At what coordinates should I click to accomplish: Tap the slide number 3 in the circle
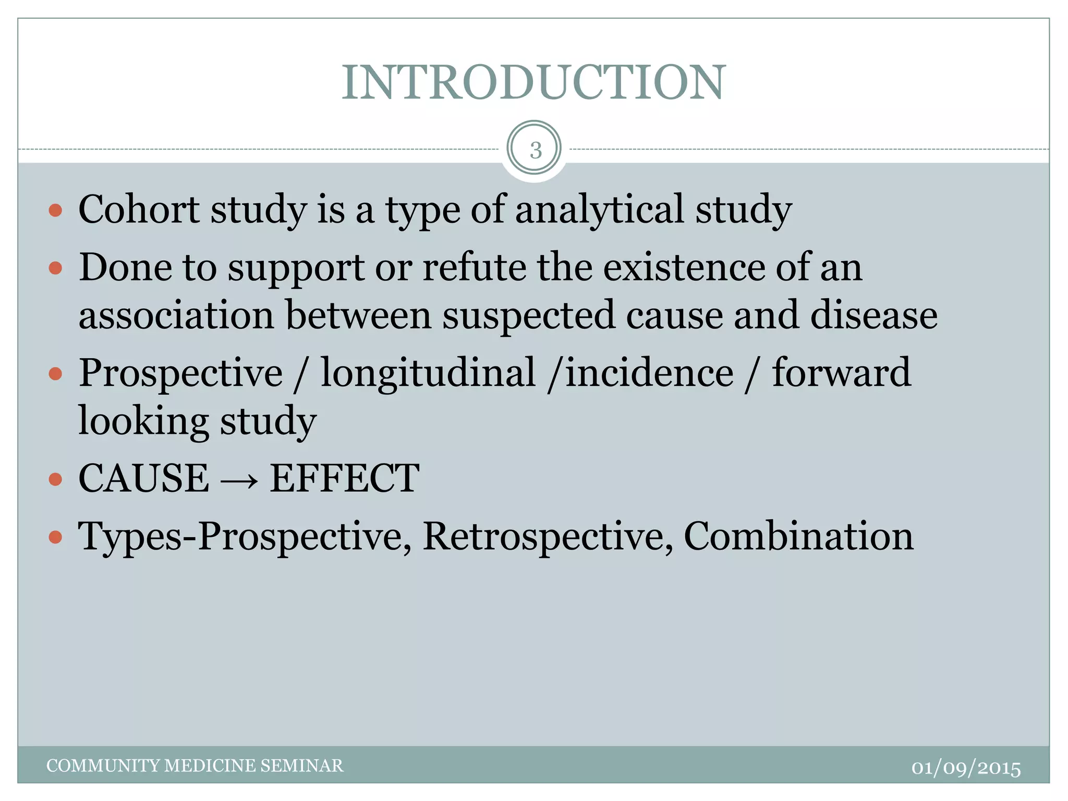click(x=535, y=150)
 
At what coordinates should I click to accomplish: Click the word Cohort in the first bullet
click(x=139, y=210)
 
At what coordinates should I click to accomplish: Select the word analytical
click(x=599, y=210)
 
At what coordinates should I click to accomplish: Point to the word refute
click(x=474, y=268)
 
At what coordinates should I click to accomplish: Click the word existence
click(x=684, y=268)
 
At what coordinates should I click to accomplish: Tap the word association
click(x=176, y=315)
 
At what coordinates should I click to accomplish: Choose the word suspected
click(x=528, y=315)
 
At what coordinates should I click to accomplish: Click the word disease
click(x=873, y=315)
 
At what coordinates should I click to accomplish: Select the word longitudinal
click(x=428, y=373)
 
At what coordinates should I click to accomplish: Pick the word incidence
click(x=649, y=373)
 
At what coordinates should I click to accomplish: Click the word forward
click(x=841, y=373)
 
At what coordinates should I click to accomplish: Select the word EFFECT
click(x=344, y=478)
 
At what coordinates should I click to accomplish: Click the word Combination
click(x=798, y=536)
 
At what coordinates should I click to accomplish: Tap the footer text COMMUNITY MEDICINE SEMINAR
click(x=195, y=766)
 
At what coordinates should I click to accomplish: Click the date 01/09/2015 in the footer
click(x=966, y=768)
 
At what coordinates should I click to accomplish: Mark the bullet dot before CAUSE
click(x=55, y=479)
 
